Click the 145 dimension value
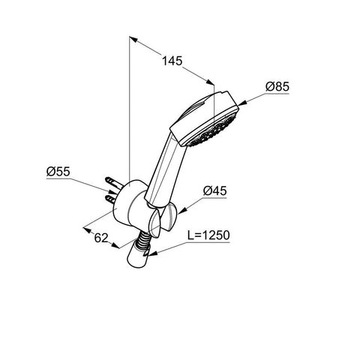click(172, 61)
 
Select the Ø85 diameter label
click(277, 87)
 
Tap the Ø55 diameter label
click(58, 172)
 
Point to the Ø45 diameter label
click(214, 191)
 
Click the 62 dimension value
click(101, 238)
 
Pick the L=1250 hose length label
click(208, 235)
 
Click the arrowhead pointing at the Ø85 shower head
click(242, 103)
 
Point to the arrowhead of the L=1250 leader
click(152, 253)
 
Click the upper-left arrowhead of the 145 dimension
click(133, 40)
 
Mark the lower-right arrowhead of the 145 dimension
click(210, 82)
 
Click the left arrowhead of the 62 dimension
click(88, 229)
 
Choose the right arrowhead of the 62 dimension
click(115, 245)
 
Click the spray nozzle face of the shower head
click(213, 130)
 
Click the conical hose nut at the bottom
click(138, 256)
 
